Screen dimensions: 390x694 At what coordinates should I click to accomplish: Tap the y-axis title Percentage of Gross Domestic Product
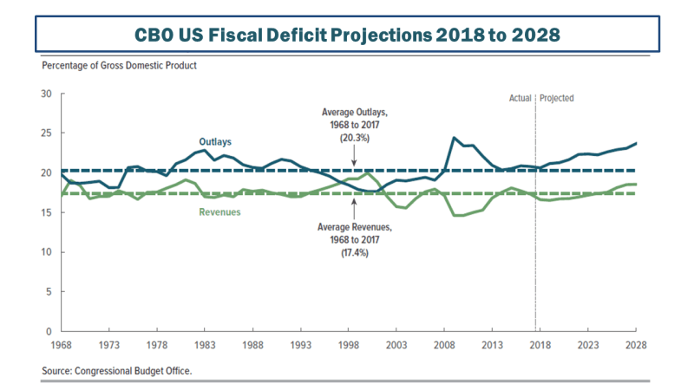(119, 67)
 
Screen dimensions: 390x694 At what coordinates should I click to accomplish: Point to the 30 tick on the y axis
(47, 94)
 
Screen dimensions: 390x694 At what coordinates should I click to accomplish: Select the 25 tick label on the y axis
(47, 133)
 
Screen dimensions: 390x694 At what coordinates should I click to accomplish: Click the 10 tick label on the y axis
(47, 252)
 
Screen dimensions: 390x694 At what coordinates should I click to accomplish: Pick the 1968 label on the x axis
(61, 344)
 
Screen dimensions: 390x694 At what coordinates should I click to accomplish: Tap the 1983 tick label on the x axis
(204, 344)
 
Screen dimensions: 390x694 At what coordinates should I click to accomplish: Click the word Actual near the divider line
(520, 99)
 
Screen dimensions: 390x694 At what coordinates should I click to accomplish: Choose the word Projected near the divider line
(556, 99)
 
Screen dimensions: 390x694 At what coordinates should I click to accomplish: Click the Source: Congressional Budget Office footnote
(117, 371)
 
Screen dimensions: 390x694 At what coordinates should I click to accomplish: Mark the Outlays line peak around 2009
(453, 138)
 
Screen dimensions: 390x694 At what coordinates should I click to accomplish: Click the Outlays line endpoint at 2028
(634, 143)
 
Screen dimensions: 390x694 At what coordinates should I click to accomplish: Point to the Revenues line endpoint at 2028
(634, 184)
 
